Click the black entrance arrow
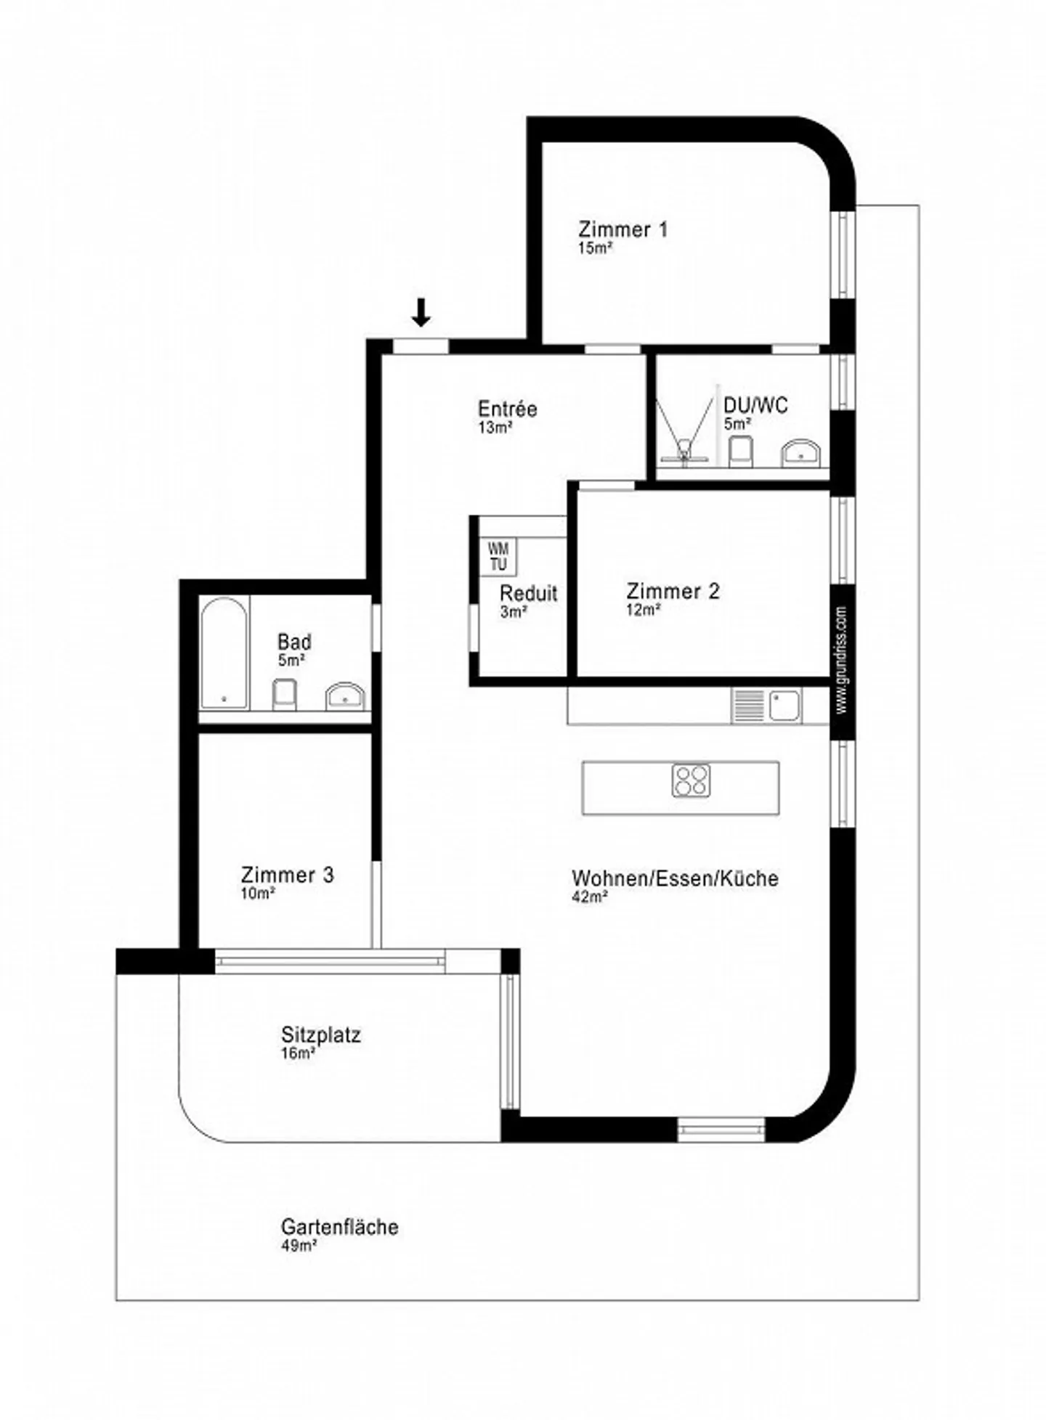tap(421, 311)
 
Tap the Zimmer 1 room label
tap(623, 229)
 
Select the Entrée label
tap(507, 409)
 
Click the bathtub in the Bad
tap(224, 653)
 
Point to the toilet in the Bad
tap(284, 694)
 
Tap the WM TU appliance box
tap(498, 557)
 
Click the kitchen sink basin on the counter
tap(784, 705)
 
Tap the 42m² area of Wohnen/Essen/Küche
tap(589, 897)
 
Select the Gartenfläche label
tap(339, 1227)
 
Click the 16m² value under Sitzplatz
tap(298, 1053)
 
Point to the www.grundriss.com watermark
tap(841, 660)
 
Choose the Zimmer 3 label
tap(287, 875)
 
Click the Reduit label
tap(528, 593)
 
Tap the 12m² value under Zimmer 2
tap(644, 610)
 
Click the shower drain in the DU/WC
tap(684, 454)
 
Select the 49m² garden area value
tap(298, 1246)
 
